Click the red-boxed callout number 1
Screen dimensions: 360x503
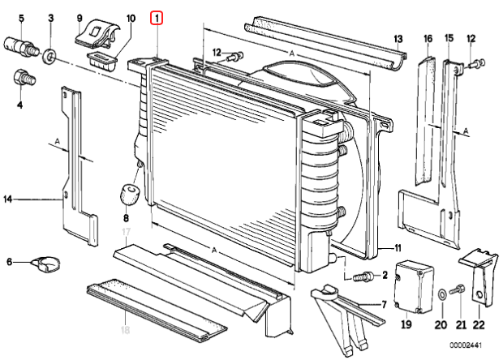[x=158, y=17]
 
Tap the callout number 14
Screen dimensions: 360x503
[x=8, y=199]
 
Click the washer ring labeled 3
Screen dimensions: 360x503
[x=50, y=56]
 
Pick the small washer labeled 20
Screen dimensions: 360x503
[x=440, y=293]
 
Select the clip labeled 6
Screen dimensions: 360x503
[x=44, y=262]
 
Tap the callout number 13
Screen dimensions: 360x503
[x=398, y=39]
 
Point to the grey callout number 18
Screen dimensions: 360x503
[x=125, y=330]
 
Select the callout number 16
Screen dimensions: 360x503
[x=428, y=39]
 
